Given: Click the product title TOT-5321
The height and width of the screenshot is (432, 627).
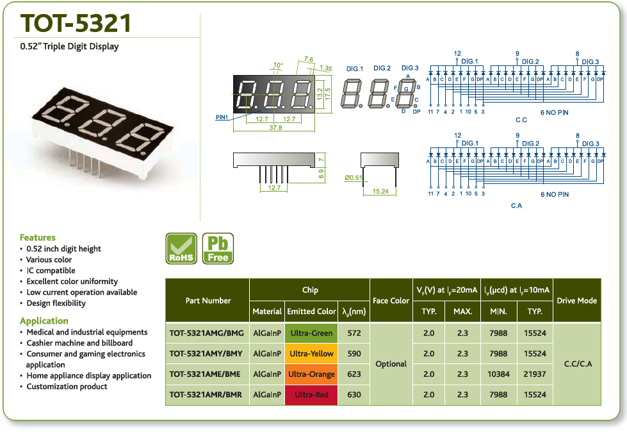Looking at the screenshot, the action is coord(76,23).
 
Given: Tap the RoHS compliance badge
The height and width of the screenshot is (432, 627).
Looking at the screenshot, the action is coord(181,249).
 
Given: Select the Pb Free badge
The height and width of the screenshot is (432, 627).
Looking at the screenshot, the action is coord(218,249).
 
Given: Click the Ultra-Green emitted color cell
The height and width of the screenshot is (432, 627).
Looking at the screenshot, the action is coord(311,333).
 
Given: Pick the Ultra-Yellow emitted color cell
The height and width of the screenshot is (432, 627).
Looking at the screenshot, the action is coord(311,354).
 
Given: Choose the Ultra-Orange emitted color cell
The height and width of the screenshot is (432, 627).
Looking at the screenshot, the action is coord(311,374).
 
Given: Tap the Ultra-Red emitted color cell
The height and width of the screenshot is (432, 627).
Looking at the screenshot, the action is coord(311,395).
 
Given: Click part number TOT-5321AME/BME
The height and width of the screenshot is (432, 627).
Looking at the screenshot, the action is coord(205,374).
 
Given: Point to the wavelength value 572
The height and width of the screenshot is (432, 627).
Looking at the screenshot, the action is coord(354,333).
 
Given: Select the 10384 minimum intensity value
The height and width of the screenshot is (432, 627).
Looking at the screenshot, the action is coord(498,374).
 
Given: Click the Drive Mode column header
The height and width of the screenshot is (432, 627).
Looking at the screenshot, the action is coord(576,301).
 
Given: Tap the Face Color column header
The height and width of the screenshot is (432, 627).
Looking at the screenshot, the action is coord(391,301).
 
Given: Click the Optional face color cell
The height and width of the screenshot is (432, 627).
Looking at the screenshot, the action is coord(391,364).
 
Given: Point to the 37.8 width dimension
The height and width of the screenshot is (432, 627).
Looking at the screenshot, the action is coord(275,128).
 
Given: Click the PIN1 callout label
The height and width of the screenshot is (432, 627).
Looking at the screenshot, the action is coord(222,117).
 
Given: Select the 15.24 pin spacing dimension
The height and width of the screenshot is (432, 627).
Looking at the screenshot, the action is coord(380,191).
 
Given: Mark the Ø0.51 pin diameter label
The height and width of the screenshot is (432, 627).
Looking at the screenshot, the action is coord(354,178).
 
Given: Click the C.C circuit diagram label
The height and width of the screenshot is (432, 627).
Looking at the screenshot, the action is coord(521,120).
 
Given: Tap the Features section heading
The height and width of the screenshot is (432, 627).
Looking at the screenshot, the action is coord(38,237).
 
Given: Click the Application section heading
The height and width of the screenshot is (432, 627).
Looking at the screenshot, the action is coord(44,321).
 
